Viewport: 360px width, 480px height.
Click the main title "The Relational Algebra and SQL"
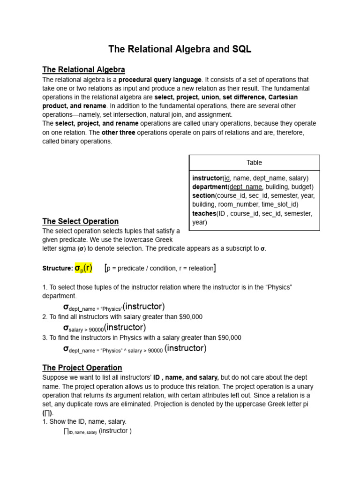pyautogui.click(x=180, y=49)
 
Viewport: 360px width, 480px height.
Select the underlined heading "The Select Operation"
pyautogui.click(x=80, y=221)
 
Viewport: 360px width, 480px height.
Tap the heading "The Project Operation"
pyautogui.click(x=82, y=367)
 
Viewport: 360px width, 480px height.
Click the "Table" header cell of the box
pyautogui.click(x=254, y=163)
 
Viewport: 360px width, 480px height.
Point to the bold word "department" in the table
pyautogui.click(x=210, y=187)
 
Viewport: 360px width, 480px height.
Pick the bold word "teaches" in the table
pyautogui.click(x=204, y=213)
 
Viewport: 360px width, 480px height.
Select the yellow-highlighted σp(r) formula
pyautogui.click(x=84, y=268)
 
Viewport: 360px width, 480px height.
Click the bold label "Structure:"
pyautogui.click(x=57, y=269)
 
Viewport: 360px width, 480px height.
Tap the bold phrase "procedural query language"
pyautogui.click(x=160, y=80)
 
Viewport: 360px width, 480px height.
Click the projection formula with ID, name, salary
pyautogui.click(x=97, y=431)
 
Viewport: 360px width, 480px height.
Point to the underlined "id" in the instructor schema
pyautogui.click(x=227, y=178)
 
